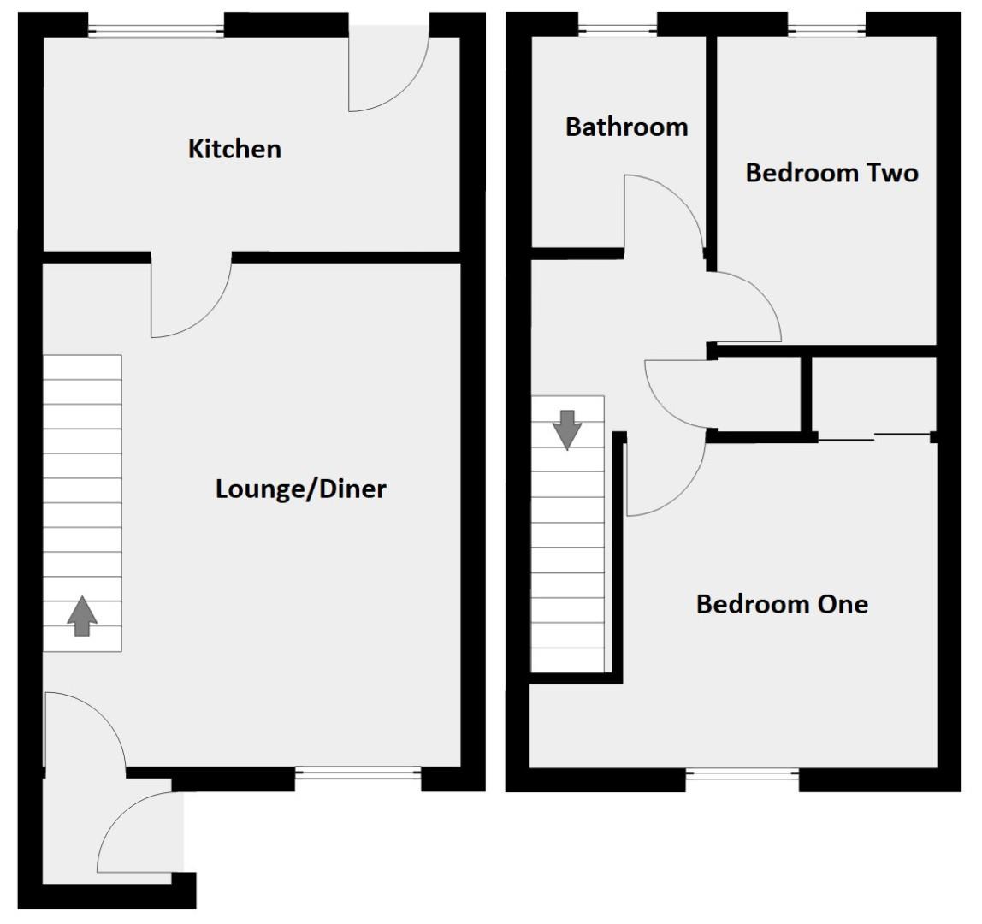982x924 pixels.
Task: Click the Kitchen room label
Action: click(234, 149)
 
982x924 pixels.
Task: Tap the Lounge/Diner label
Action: click(301, 489)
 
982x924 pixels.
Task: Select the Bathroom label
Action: click(626, 127)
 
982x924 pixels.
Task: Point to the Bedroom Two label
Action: click(831, 173)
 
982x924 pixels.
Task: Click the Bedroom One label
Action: click(782, 604)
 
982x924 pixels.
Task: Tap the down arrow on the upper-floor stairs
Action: click(567, 429)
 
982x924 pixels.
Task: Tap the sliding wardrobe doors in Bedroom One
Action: click(874, 437)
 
